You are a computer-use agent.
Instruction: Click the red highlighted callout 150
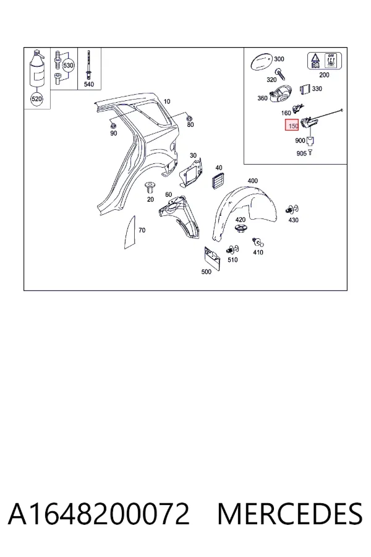click(292, 126)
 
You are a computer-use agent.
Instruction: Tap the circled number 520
click(36, 99)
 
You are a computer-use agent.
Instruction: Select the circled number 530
click(68, 66)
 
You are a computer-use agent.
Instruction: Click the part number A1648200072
click(99, 514)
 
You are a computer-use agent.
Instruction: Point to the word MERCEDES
click(290, 514)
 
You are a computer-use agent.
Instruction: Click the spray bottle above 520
click(37, 69)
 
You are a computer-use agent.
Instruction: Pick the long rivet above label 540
click(88, 65)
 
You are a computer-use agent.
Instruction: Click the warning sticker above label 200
click(325, 61)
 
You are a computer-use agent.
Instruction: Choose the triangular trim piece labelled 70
click(130, 232)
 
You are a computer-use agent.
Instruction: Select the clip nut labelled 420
click(241, 229)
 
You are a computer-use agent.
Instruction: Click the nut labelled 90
click(113, 126)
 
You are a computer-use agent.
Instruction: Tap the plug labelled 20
click(150, 187)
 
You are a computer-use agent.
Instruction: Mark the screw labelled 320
click(281, 74)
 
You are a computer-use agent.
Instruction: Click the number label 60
click(168, 195)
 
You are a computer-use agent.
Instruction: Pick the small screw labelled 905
click(310, 152)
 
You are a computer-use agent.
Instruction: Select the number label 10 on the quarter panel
click(166, 101)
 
